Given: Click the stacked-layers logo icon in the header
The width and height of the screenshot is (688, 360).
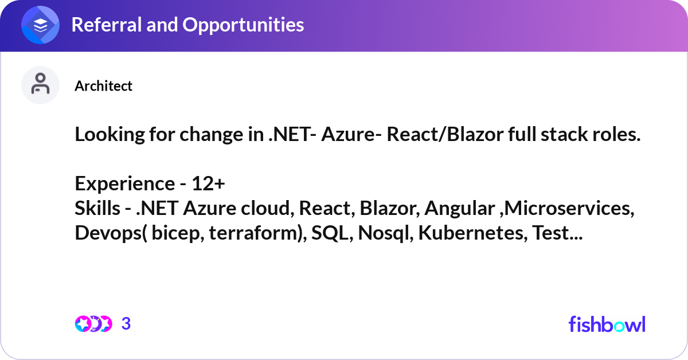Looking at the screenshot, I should (x=41, y=25).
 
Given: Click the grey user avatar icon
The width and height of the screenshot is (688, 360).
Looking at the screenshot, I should (x=41, y=85).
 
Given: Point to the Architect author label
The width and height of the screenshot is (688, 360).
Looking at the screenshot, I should (x=103, y=86).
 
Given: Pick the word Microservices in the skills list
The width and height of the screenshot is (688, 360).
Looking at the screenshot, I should (x=565, y=209).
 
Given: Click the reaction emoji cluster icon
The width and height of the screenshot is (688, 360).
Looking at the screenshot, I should (x=93, y=324).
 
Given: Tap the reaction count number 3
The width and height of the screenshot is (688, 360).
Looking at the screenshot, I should (x=126, y=324).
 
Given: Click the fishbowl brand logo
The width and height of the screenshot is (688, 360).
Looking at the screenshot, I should (x=607, y=324).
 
